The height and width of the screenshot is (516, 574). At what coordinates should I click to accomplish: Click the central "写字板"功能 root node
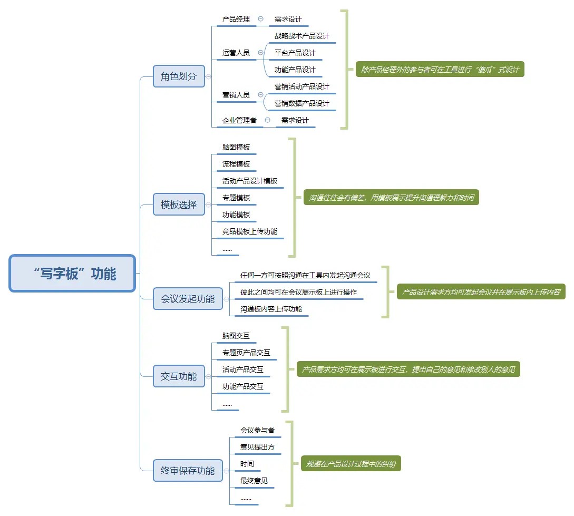(x=73, y=274)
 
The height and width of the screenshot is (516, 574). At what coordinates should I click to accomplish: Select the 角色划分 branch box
(x=179, y=76)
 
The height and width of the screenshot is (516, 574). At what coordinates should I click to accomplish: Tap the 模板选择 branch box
(x=179, y=205)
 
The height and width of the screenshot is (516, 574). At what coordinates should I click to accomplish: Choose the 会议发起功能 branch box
(x=188, y=299)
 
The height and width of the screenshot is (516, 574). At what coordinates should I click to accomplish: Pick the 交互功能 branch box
(x=179, y=376)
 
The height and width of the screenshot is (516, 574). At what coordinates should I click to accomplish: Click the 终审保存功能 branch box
(x=188, y=471)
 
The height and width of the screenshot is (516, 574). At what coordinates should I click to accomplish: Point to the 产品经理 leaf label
(x=236, y=19)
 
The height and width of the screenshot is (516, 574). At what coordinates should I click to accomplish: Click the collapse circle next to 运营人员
(x=260, y=53)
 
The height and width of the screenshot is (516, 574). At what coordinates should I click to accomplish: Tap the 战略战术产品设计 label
(x=301, y=36)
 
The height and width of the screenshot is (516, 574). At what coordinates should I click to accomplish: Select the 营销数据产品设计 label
(x=301, y=103)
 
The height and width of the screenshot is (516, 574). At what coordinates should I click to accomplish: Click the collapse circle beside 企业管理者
(x=267, y=120)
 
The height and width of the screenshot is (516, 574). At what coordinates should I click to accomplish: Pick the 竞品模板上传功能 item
(x=250, y=231)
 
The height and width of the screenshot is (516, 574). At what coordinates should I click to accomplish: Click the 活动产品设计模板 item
(x=250, y=181)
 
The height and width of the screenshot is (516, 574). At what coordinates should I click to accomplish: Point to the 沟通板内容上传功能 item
(x=271, y=309)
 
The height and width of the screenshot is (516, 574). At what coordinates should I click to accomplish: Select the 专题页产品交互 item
(x=246, y=353)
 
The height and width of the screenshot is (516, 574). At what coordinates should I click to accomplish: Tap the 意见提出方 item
(x=257, y=447)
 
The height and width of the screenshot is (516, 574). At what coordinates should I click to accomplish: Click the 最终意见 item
(x=254, y=481)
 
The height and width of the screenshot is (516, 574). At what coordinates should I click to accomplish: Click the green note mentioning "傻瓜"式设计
(x=440, y=69)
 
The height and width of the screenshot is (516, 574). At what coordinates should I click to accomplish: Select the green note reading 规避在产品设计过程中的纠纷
(x=351, y=464)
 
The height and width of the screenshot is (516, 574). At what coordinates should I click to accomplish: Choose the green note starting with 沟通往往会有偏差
(x=391, y=198)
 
